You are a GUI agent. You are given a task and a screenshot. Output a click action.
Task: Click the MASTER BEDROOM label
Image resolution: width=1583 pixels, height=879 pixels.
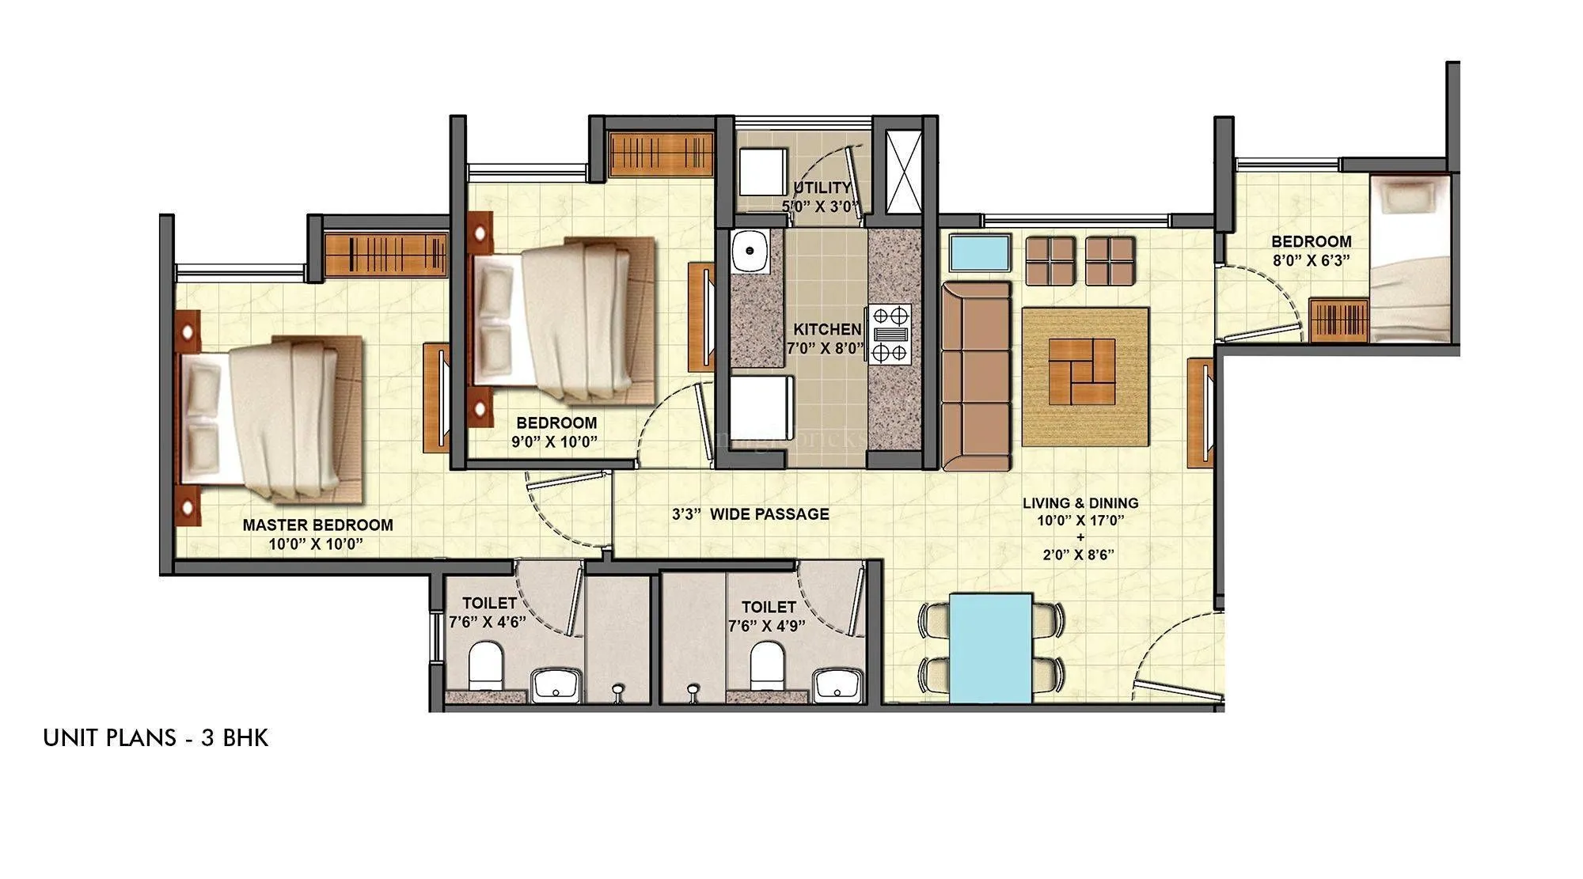pyautogui.click(x=317, y=525)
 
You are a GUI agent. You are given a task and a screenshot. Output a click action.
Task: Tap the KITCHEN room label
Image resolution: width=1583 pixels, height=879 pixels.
pyautogui.click(x=827, y=329)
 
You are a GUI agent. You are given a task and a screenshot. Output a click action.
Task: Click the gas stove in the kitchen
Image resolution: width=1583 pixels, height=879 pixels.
pyautogui.click(x=890, y=334)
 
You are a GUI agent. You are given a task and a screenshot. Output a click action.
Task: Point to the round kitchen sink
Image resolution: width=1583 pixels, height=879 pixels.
pyautogui.click(x=748, y=252)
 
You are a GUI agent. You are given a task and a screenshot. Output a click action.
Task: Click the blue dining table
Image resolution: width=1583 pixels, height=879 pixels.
pyautogui.click(x=990, y=647)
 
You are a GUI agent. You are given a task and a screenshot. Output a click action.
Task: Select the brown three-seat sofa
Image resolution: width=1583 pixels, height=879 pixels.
pyautogui.click(x=976, y=376)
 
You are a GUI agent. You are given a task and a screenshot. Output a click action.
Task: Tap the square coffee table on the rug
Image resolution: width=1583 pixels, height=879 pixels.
pyautogui.click(x=1082, y=371)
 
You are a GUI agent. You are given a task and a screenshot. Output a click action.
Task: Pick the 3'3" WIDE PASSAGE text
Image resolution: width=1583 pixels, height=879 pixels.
pyautogui.click(x=750, y=514)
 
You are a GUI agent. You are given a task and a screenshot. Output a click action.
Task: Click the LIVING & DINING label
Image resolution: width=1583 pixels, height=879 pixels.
pyautogui.click(x=1080, y=502)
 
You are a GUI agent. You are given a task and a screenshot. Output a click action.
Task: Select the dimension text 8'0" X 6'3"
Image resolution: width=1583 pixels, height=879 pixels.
pyautogui.click(x=1311, y=260)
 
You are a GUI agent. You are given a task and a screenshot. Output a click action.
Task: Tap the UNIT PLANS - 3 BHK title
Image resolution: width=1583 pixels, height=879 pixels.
pyautogui.click(x=156, y=738)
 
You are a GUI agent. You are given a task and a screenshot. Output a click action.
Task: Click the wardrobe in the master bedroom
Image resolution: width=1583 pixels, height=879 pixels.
pyautogui.click(x=385, y=254)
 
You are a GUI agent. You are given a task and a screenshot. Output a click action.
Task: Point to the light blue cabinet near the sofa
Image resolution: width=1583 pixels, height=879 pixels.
pyautogui.click(x=980, y=252)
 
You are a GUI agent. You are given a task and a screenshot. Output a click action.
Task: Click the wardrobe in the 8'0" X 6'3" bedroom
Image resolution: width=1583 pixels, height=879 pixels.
pyautogui.click(x=1338, y=320)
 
